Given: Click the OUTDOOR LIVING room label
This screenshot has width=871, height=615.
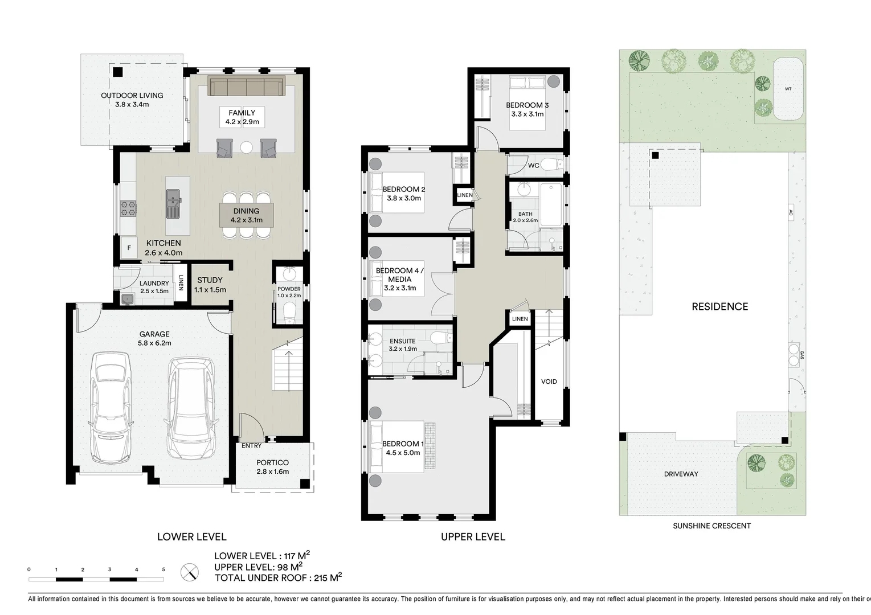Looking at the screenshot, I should pos(132,96).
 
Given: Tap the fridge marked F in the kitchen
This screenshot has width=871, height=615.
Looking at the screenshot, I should pos(129,248).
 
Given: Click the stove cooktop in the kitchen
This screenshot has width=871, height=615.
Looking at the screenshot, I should pos(128,209).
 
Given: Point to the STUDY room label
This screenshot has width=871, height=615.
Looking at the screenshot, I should pos(210,280).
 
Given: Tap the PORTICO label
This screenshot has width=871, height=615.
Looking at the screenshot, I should pos(272,463).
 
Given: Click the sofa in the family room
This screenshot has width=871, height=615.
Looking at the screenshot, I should pos(247,87).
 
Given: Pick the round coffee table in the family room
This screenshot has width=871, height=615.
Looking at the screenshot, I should pos(246,147).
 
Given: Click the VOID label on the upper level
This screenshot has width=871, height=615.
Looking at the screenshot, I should pos(549,382).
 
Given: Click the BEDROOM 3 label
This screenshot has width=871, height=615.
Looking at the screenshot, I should pos(527,105).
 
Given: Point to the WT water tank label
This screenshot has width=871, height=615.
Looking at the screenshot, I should pos(788,89).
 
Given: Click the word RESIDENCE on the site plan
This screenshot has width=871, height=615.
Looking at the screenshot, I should pos(719,306).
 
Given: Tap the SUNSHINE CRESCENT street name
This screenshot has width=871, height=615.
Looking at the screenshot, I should pos(711,526).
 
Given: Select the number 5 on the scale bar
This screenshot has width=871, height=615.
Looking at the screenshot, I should pos(163,569).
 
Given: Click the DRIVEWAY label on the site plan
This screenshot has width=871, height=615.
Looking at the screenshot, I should pos(681,474).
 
